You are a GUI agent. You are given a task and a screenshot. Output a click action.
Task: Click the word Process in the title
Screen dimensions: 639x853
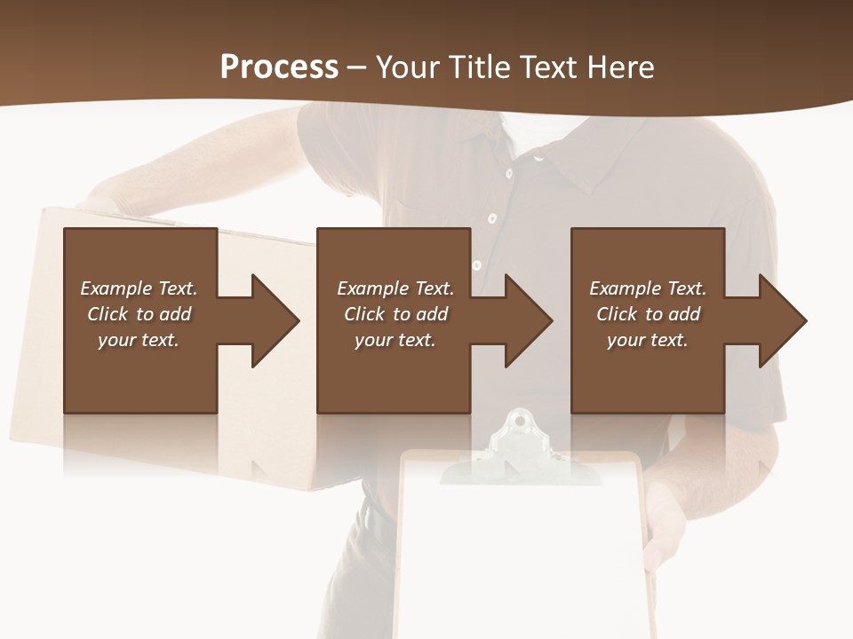coord(279,67)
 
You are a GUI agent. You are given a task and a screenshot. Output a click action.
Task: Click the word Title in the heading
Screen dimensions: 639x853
coord(476,67)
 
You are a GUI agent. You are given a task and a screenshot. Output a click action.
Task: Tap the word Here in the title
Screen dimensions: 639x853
coord(620,67)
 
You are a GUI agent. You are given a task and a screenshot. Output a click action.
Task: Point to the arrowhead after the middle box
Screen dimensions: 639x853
coord(528,320)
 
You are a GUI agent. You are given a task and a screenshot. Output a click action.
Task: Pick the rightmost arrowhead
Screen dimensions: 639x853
coord(782,320)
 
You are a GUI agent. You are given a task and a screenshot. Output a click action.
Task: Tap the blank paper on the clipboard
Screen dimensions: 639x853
coord(520,550)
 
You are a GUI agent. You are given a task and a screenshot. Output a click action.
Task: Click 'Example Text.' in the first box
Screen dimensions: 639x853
coord(139,288)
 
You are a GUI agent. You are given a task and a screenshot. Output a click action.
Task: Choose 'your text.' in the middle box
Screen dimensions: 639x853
coord(395,340)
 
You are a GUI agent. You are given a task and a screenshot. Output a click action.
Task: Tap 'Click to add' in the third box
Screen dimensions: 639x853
coord(648,314)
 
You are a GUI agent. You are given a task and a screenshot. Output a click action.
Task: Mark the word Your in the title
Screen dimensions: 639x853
coord(408,67)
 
